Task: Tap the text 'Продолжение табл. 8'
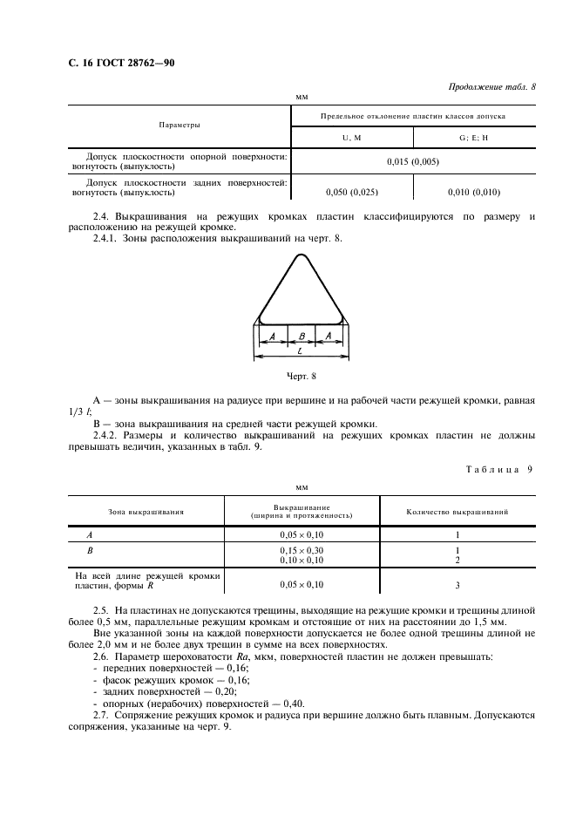[491, 87]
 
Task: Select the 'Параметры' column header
[179, 126]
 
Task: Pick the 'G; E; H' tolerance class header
[471, 137]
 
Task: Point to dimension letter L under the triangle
[300, 350]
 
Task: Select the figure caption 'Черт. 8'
[301, 376]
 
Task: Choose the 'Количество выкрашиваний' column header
[457, 512]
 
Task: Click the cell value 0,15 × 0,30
[301, 550]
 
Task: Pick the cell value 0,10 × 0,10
[301, 560]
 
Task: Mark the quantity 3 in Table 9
[457, 585]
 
